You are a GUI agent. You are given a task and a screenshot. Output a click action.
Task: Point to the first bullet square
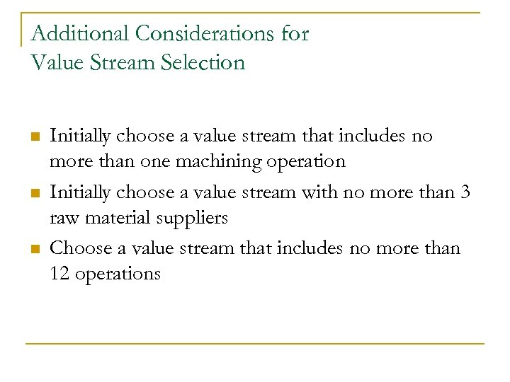(34, 137)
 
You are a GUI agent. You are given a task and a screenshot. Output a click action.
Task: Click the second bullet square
(34, 193)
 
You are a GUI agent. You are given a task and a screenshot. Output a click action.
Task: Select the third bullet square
(34, 249)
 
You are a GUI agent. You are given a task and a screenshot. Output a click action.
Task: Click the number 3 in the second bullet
(465, 192)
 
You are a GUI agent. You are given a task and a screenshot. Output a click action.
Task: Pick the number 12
(59, 274)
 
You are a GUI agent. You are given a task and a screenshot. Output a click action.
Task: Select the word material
(116, 218)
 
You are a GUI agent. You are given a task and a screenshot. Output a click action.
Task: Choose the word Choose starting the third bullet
(79, 248)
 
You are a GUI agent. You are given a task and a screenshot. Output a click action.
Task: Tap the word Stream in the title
(120, 63)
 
